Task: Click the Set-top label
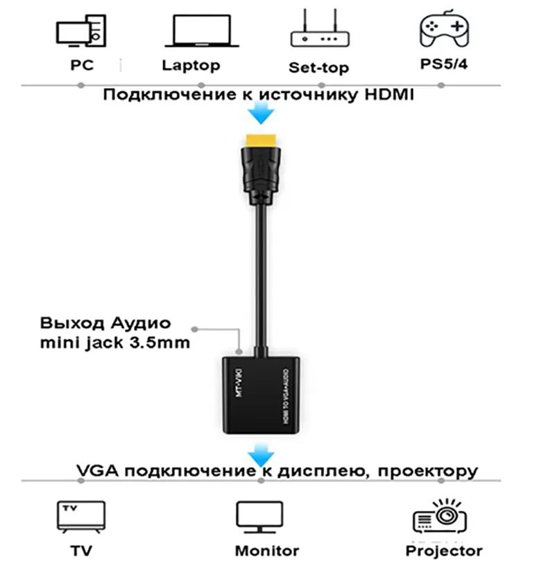point(318,67)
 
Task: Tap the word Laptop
point(191,65)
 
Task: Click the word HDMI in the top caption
point(388,95)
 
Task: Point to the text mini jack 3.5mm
point(114,342)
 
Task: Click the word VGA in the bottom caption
point(94,471)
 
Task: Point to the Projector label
point(443,551)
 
